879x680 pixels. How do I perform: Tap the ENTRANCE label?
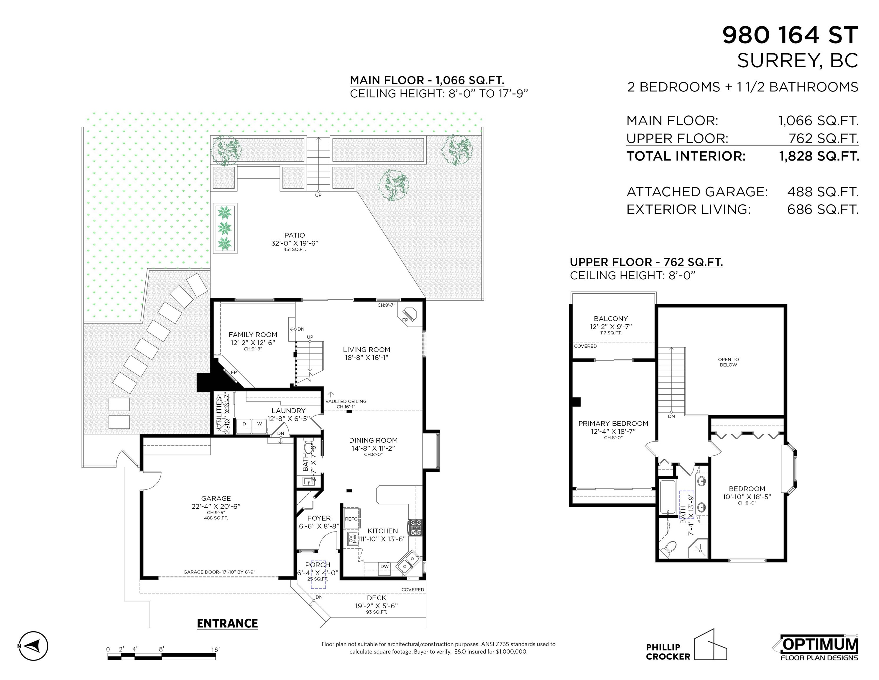(x=227, y=623)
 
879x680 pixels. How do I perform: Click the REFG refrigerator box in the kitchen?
(x=352, y=519)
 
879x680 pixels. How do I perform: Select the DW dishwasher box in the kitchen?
(x=385, y=566)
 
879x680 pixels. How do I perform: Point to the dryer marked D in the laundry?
(x=244, y=426)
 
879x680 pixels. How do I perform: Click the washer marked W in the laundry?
(x=259, y=426)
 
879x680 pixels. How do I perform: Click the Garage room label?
(x=216, y=498)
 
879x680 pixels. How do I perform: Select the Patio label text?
(x=295, y=235)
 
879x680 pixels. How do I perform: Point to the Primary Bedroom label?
(x=613, y=424)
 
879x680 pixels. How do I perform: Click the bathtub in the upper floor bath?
(x=668, y=497)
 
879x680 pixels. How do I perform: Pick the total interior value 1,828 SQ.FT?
(x=819, y=156)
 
